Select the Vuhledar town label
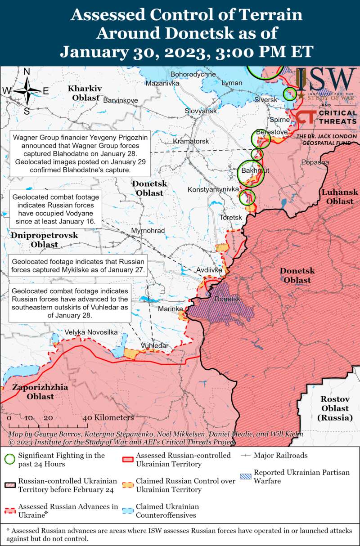pyautogui.click(x=154, y=345)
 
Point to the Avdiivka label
pyautogui.click(x=209, y=270)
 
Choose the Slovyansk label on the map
pyautogui.click(x=201, y=111)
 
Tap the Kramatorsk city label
pyautogui.click(x=191, y=141)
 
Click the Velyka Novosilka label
pyautogui.click(x=91, y=332)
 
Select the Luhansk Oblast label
pyautogui.click(x=340, y=197)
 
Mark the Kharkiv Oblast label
pyautogui.click(x=85, y=93)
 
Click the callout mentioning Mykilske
pyautogui.click(x=78, y=266)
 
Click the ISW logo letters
pyautogui.click(x=326, y=80)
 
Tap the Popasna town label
pyautogui.click(x=315, y=162)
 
